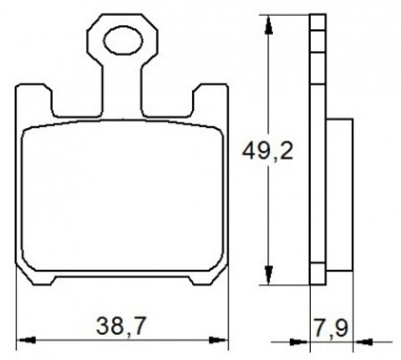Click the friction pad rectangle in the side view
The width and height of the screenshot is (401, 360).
pos(339,192)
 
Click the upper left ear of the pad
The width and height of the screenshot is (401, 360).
pos(34,100)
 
